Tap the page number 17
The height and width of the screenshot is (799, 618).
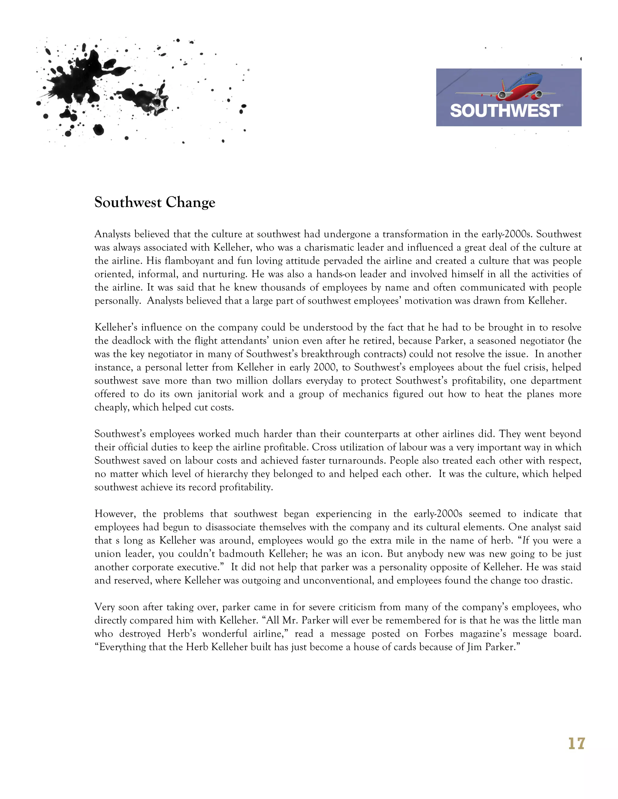click(577, 744)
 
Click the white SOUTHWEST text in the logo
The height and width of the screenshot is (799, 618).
click(505, 110)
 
